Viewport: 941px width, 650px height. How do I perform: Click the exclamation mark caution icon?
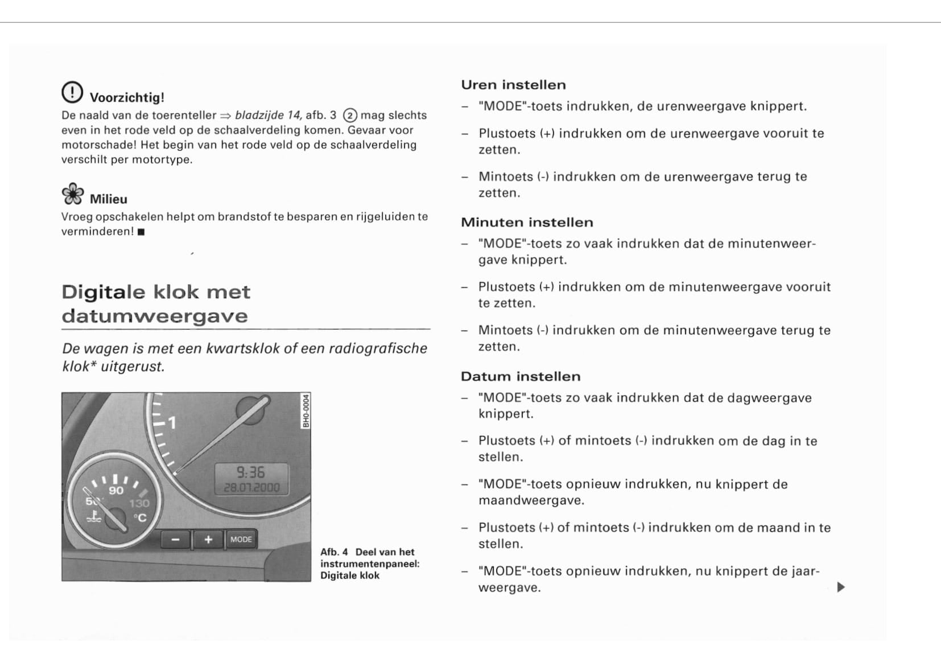pyautogui.click(x=72, y=92)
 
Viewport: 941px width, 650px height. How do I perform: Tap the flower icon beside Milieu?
pyautogui.click(x=72, y=194)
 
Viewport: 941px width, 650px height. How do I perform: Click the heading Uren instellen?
pyautogui.click(x=513, y=85)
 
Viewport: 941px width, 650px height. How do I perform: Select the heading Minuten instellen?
pyautogui.click(x=527, y=223)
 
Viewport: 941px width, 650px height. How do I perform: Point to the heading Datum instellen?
pyautogui.click(x=521, y=377)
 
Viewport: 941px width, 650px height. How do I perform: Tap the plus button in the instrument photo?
pyautogui.click(x=209, y=539)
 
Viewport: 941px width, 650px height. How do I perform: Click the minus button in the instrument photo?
pyautogui.click(x=176, y=539)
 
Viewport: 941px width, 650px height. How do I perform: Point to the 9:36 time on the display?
pyautogui.click(x=251, y=472)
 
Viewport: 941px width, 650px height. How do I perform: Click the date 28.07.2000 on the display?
pyautogui.click(x=251, y=487)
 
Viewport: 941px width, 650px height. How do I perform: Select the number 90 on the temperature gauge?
pyautogui.click(x=116, y=490)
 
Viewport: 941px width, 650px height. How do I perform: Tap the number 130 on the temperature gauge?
pyautogui.click(x=139, y=503)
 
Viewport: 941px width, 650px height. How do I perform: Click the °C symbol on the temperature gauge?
pyautogui.click(x=140, y=517)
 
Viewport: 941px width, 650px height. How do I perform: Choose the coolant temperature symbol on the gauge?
pyautogui.click(x=94, y=517)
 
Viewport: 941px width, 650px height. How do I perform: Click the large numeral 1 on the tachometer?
pyautogui.click(x=172, y=422)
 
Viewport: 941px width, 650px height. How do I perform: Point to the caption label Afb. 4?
pyautogui.click(x=334, y=552)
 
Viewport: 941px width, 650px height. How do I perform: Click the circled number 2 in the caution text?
pyautogui.click(x=350, y=116)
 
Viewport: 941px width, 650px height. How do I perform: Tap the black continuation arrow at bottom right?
pyautogui.click(x=841, y=587)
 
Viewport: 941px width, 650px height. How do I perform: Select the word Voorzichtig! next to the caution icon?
pyautogui.click(x=127, y=97)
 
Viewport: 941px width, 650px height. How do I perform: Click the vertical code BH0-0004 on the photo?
pyautogui.click(x=306, y=411)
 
